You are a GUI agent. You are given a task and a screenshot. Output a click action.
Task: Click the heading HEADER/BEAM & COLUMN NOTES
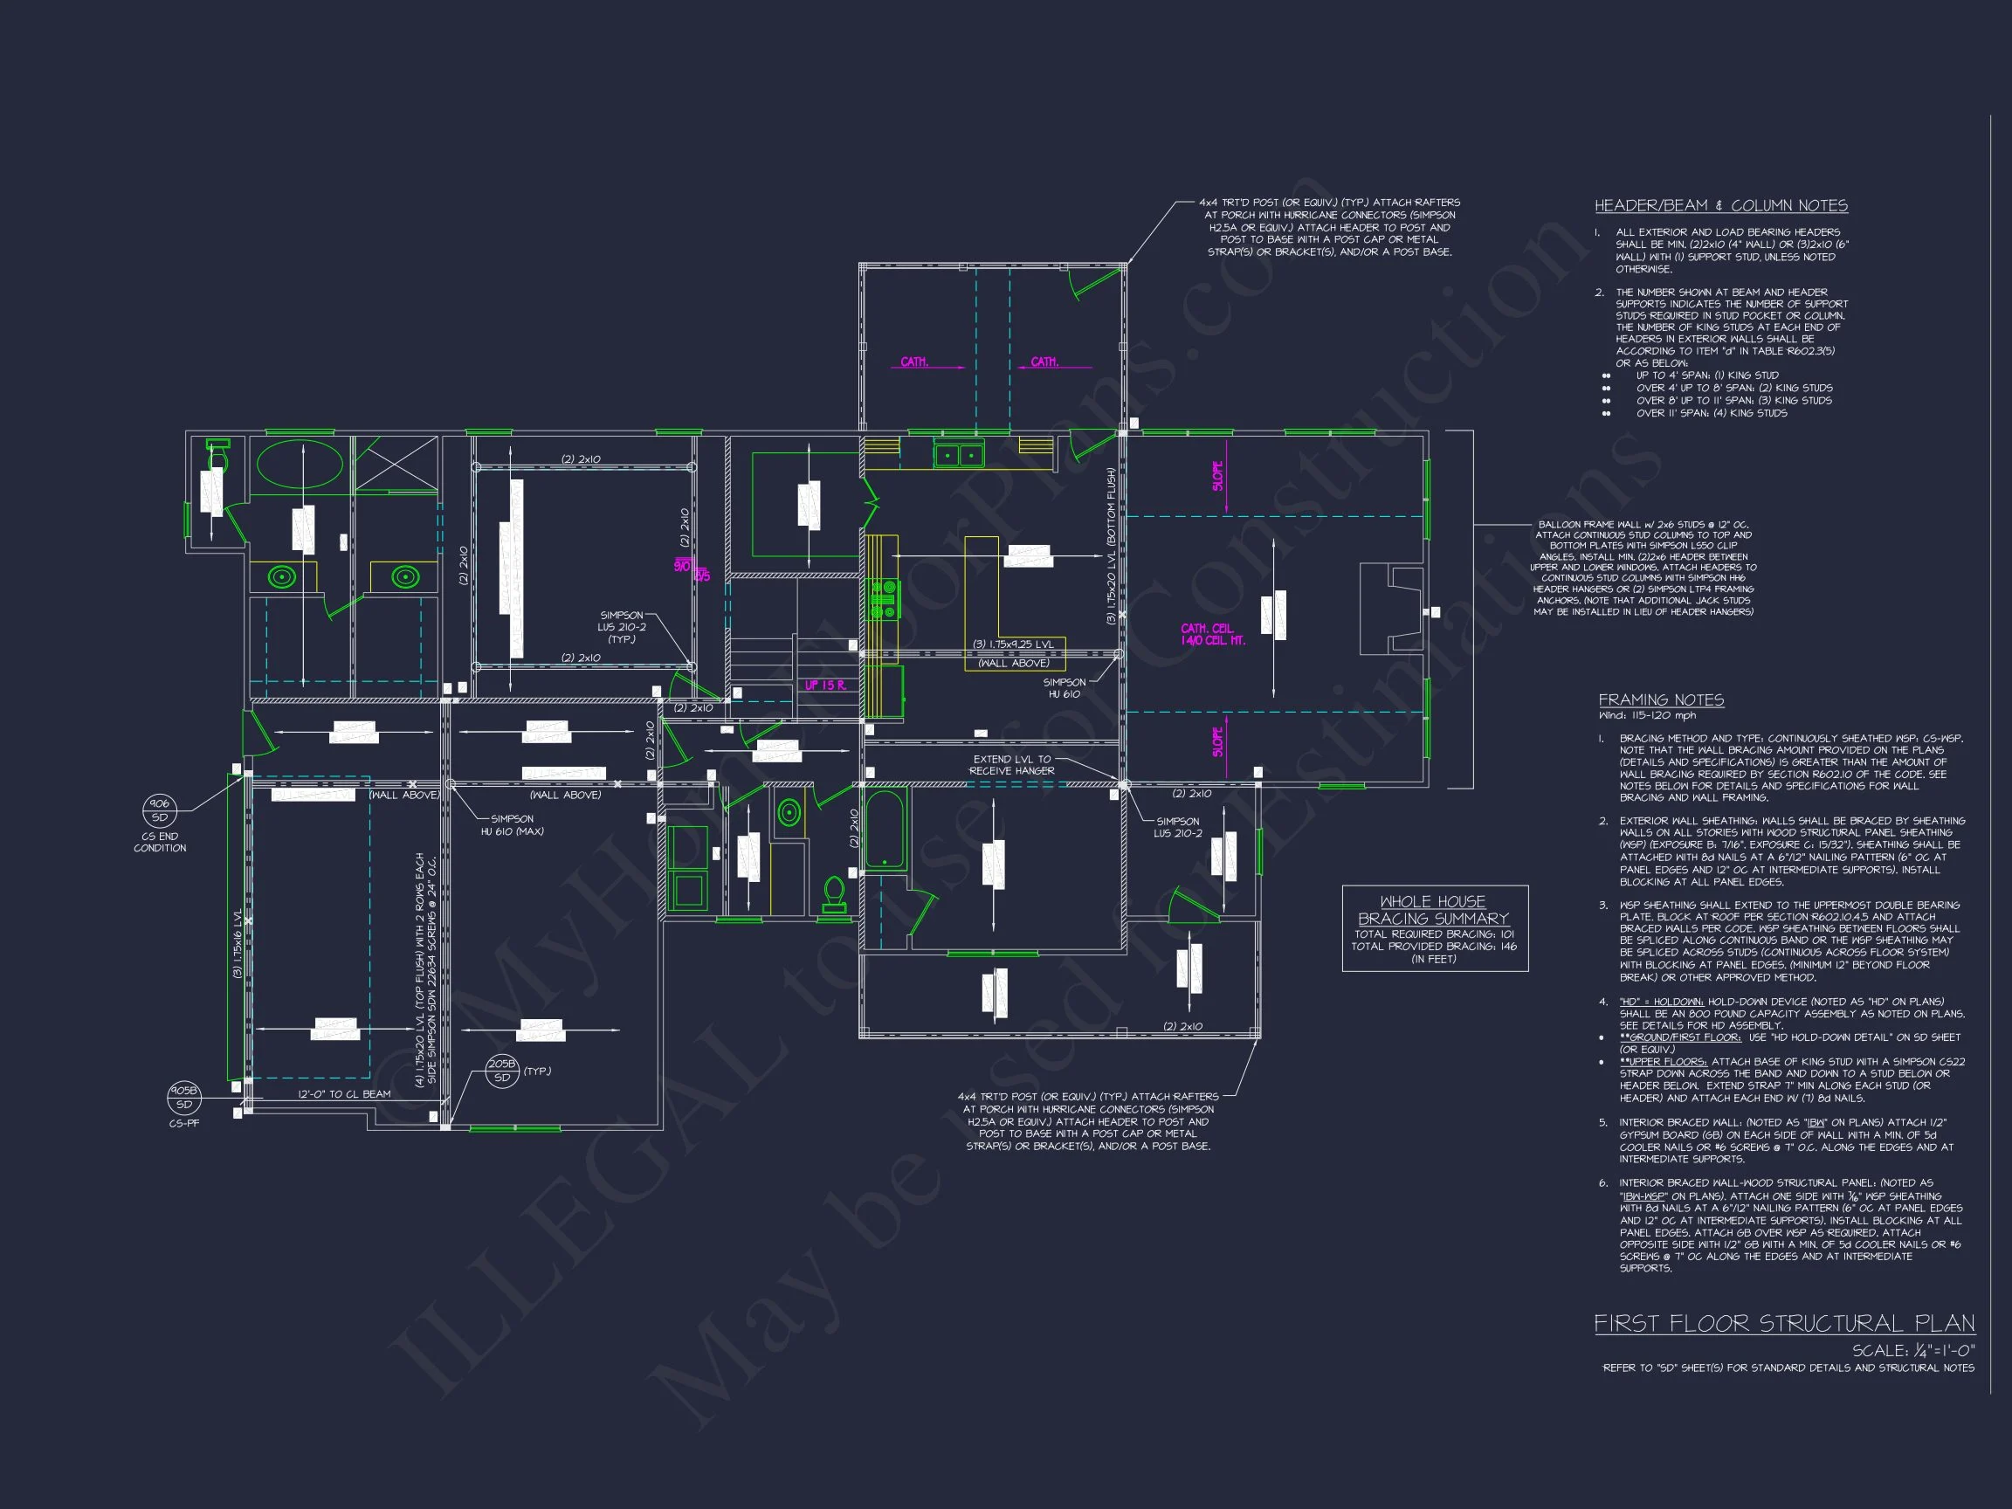coord(1721,205)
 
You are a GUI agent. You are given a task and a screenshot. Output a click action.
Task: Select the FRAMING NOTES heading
coord(1661,699)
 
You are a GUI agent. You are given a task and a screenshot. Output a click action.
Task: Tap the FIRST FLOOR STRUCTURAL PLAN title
coord(1784,1324)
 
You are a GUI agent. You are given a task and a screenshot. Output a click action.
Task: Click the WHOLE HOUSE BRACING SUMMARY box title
coord(1434,910)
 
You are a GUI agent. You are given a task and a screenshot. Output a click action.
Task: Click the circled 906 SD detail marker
coord(160,810)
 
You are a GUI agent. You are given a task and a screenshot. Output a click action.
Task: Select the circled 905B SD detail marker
coord(183,1098)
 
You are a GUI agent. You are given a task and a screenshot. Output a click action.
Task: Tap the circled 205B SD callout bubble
coord(501,1071)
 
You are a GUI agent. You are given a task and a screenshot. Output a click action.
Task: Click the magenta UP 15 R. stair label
coord(825,685)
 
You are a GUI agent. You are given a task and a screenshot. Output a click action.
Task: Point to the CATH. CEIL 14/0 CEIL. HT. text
coord(1212,634)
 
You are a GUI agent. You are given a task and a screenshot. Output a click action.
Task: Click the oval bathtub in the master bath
coord(300,464)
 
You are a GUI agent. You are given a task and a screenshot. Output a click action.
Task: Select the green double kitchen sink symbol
coord(958,455)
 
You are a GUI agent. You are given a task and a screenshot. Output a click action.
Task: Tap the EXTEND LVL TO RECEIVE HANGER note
coord(1011,764)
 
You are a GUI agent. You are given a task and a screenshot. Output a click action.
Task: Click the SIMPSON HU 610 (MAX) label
coord(512,824)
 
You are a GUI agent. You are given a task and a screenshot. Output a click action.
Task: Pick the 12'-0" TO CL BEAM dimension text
coord(344,1093)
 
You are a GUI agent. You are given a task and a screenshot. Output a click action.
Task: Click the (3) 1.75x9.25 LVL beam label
coord(1013,644)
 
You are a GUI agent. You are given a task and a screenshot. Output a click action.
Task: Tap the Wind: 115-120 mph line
coord(1647,715)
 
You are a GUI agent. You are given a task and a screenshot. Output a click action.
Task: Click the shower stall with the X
coord(395,464)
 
